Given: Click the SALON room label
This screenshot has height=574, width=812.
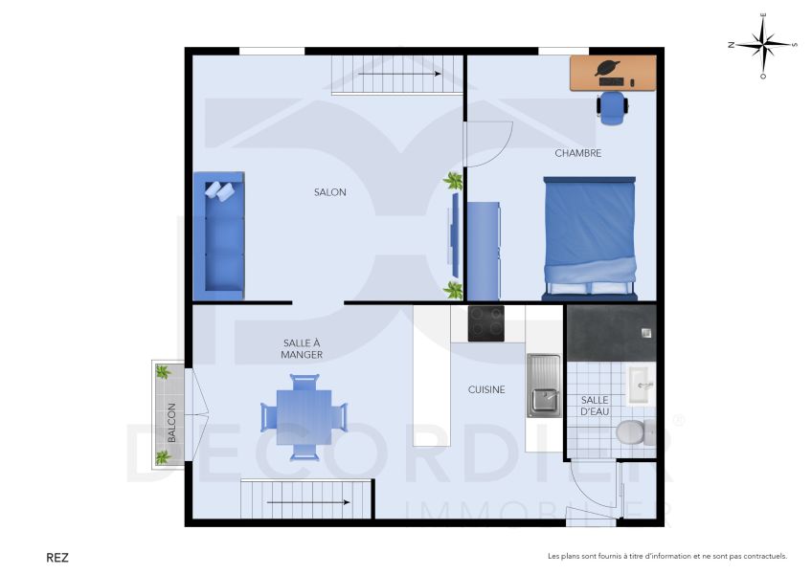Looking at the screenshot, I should coord(329,192).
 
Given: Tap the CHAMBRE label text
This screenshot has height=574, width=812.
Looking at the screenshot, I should coord(577,153).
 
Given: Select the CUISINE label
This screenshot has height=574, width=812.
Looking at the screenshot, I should coord(485,389).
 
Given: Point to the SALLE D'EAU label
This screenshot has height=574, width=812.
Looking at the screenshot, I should coord(595,406).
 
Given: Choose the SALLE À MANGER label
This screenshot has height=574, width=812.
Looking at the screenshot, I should coord(302,348).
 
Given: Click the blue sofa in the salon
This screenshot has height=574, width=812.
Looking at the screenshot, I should coord(218,236).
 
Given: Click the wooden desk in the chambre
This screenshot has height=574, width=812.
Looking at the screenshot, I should coord(613,73).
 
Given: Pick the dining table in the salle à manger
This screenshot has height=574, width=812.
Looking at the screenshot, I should coord(304,417).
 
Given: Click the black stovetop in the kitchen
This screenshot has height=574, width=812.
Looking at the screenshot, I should coord(486,323).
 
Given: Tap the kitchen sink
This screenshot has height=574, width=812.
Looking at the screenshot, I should coord(544,385).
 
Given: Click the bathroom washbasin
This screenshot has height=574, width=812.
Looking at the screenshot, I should coord(639,383).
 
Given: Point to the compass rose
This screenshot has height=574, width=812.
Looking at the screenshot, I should coord(762,44).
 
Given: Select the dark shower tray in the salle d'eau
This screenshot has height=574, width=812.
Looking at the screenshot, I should coord(609,332).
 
